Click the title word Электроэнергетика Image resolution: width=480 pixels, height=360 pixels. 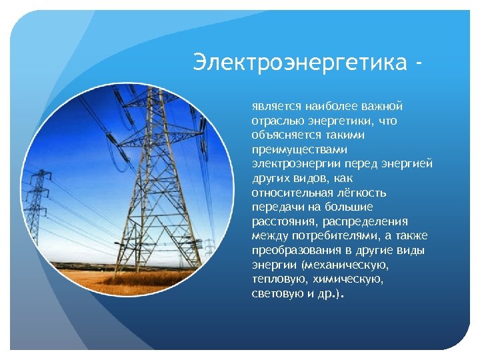(x=299, y=63)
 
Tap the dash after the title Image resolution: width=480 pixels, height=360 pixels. (x=417, y=64)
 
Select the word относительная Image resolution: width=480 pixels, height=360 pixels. (x=289, y=193)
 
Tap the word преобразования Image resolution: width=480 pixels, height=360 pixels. (x=291, y=251)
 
